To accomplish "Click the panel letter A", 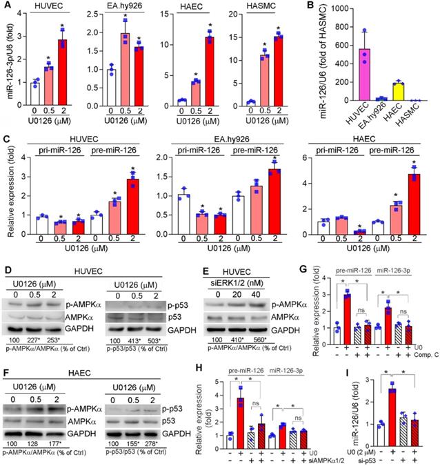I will click(x=6, y=6).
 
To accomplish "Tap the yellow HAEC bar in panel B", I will click(x=397, y=93).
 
